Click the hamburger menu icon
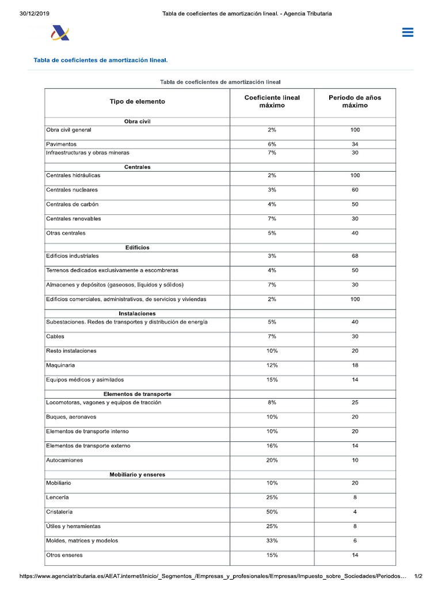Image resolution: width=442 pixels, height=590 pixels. pos(407,33)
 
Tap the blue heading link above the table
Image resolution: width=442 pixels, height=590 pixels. pos(101,60)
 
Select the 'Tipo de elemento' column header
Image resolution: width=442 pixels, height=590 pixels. pos(137,101)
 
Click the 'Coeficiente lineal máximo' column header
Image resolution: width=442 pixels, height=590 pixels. pos(272,101)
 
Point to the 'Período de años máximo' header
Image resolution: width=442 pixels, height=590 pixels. pos(355,101)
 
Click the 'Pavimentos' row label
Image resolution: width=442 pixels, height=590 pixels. pos(61,144)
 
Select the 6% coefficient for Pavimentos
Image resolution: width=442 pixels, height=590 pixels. pos(272,144)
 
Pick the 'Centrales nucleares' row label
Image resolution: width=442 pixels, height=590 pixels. pos(72,190)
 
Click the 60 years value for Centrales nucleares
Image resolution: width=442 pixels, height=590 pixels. pos(355,190)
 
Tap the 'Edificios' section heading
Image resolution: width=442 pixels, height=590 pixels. pos(137,248)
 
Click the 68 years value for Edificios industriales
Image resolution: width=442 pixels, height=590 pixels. pos(355,256)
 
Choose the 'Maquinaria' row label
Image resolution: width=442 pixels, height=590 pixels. pos(60,365)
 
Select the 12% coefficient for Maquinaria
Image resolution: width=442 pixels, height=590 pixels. pos(272,365)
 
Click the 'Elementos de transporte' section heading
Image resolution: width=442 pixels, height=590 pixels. pos(137,394)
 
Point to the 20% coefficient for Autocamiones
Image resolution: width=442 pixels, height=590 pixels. pos(272,460)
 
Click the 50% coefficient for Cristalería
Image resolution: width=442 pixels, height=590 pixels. pos(272,512)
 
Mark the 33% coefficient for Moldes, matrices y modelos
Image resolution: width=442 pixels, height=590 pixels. pos(272,540)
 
